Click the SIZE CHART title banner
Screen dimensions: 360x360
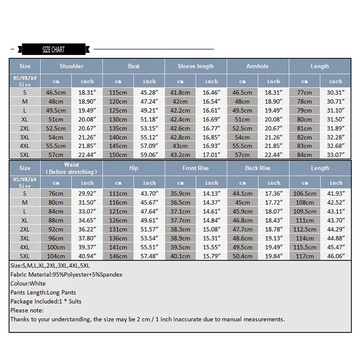[x=53, y=49]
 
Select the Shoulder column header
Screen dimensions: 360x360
[x=72, y=66]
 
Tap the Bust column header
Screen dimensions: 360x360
[x=134, y=66]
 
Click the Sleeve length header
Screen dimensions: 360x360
[x=196, y=66]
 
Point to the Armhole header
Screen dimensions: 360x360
[x=257, y=66]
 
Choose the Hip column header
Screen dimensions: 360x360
[x=134, y=168]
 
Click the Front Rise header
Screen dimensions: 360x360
[x=196, y=168]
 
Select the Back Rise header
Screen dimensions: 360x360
[x=258, y=168]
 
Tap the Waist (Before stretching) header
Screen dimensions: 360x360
[x=72, y=168]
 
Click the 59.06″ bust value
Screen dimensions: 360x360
[x=149, y=155]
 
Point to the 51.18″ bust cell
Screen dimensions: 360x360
[x=149, y=119]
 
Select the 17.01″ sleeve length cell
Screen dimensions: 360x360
[x=211, y=155]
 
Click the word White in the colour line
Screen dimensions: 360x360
[x=37, y=283]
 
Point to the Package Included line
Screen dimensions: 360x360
[x=46, y=301]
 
